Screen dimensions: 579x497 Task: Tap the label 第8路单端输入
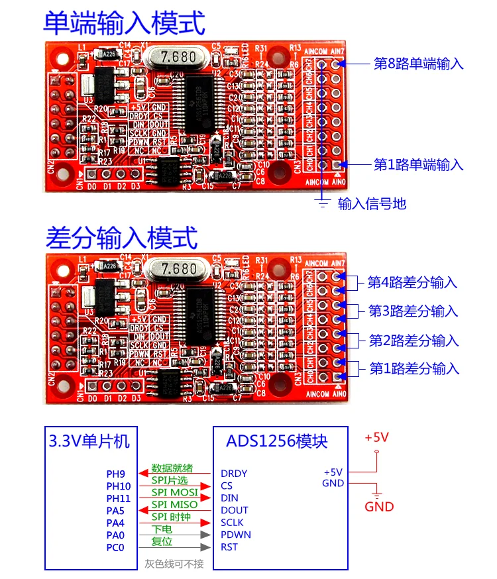(418, 64)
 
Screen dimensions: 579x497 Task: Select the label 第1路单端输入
(418, 165)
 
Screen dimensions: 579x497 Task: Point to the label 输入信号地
(372, 203)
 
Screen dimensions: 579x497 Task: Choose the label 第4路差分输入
(412, 283)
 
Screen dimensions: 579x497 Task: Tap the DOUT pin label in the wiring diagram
(234, 510)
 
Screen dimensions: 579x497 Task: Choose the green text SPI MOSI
(175, 492)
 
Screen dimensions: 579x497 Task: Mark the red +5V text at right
(376, 437)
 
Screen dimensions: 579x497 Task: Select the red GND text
(380, 507)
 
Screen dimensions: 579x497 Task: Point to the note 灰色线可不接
(175, 564)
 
